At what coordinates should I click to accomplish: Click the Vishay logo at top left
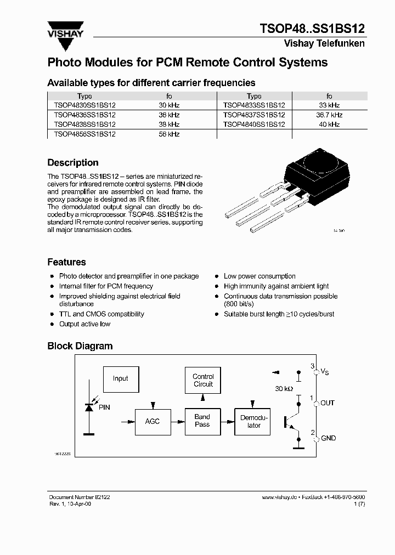pyautogui.click(x=65, y=31)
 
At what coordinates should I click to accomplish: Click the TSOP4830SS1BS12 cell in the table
pyautogui.click(x=84, y=105)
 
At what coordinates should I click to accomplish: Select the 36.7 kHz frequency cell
pyautogui.click(x=329, y=115)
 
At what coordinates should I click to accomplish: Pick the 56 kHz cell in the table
pyautogui.click(x=169, y=134)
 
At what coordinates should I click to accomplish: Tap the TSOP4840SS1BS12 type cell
pyautogui.click(x=254, y=124)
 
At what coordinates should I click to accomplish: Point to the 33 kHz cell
pyautogui.click(x=329, y=105)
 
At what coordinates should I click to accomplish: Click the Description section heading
pyautogui.click(x=73, y=163)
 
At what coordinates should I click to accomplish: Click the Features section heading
pyautogui.click(x=66, y=262)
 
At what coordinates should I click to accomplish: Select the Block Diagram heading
pyautogui.click(x=80, y=346)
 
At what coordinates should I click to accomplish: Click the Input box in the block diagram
pyautogui.click(x=120, y=378)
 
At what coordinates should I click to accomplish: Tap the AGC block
pyautogui.click(x=152, y=421)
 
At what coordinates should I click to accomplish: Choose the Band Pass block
pyautogui.click(x=202, y=421)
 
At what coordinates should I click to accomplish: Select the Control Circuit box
pyautogui.click(x=203, y=380)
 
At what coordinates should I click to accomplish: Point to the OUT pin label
pyautogui.click(x=328, y=403)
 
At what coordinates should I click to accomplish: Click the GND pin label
pyautogui.click(x=328, y=438)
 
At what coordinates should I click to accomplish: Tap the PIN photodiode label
pyautogui.click(x=104, y=407)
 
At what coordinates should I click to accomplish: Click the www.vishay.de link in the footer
pyautogui.click(x=280, y=496)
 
